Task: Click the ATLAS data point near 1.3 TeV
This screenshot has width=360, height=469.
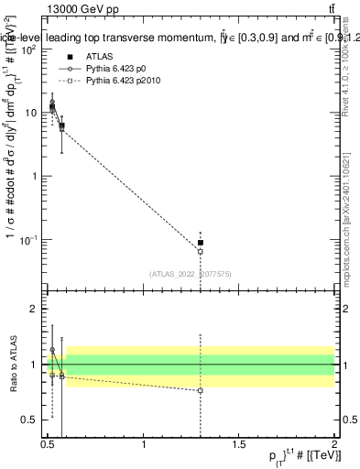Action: click(x=200, y=243)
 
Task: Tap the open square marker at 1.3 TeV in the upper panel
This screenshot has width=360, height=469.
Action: click(x=200, y=251)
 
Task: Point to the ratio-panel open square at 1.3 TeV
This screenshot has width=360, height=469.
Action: click(x=200, y=390)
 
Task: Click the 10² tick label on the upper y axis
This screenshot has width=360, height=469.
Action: click(x=30, y=49)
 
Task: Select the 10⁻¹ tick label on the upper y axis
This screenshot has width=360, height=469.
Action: click(x=30, y=240)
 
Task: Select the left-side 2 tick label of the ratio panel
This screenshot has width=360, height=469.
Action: click(x=36, y=309)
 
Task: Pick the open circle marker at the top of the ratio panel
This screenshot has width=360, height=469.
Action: click(x=52, y=350)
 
